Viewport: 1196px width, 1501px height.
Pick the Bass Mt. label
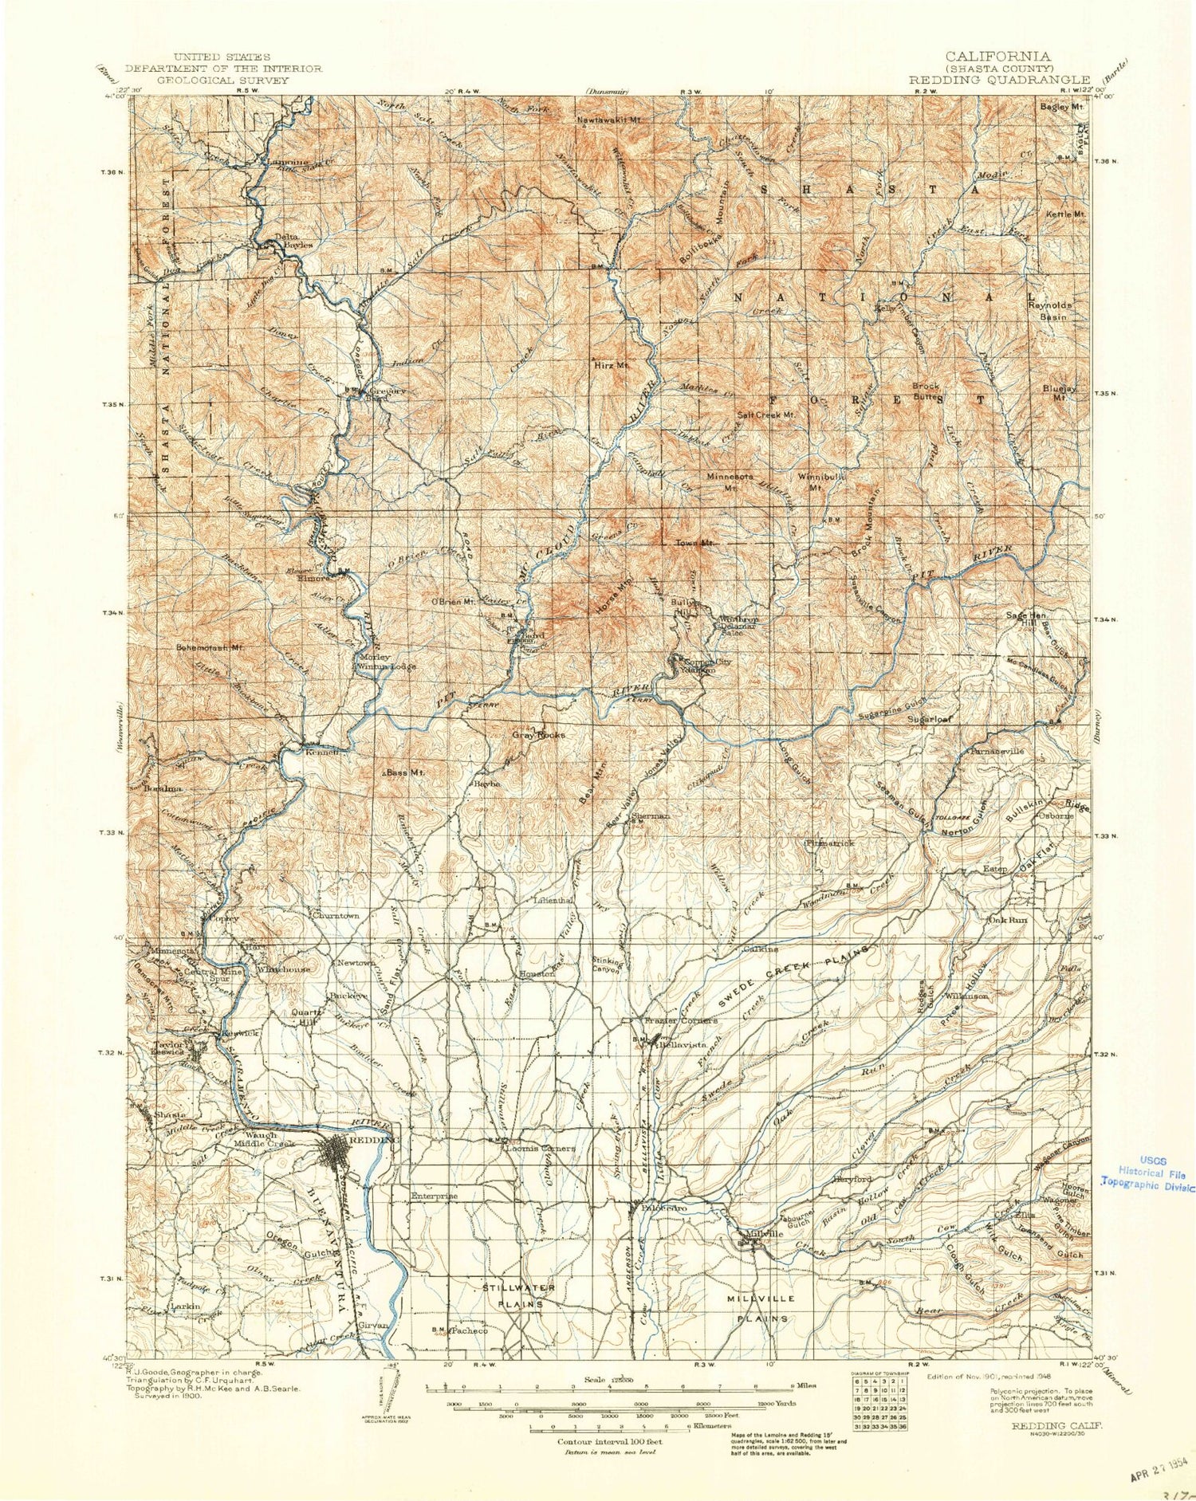[x=406, y=772]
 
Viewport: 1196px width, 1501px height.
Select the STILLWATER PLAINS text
[x=517, y=1295]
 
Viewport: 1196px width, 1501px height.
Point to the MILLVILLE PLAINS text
[x=761, y=1308]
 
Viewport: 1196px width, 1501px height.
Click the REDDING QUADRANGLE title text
[x=999, y=80]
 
